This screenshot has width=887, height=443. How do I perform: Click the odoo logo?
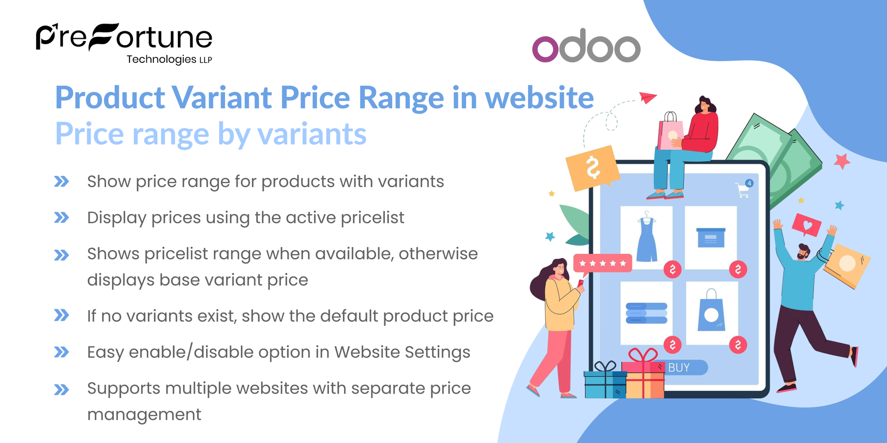point(586,46)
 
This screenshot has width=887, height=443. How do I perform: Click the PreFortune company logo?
point(124,43)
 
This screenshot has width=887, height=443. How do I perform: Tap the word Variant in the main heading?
point(222,98)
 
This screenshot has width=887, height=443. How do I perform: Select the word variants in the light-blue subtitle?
point(312,134)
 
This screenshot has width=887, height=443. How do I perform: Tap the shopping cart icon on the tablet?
point(743,189)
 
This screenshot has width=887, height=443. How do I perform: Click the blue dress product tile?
point(646,237)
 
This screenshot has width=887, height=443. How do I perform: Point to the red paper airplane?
point(648,97)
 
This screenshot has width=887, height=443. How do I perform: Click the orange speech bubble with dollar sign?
point(592,168)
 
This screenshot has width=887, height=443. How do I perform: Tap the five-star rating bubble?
point(602,263)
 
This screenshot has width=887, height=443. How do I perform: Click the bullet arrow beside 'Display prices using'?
point(61,217)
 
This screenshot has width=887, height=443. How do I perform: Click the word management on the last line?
point(144,414)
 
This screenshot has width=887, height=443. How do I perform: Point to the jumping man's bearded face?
point(803,252)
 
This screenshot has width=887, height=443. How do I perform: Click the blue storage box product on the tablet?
point(711,237)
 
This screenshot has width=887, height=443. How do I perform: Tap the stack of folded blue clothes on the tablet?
point(646,313)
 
